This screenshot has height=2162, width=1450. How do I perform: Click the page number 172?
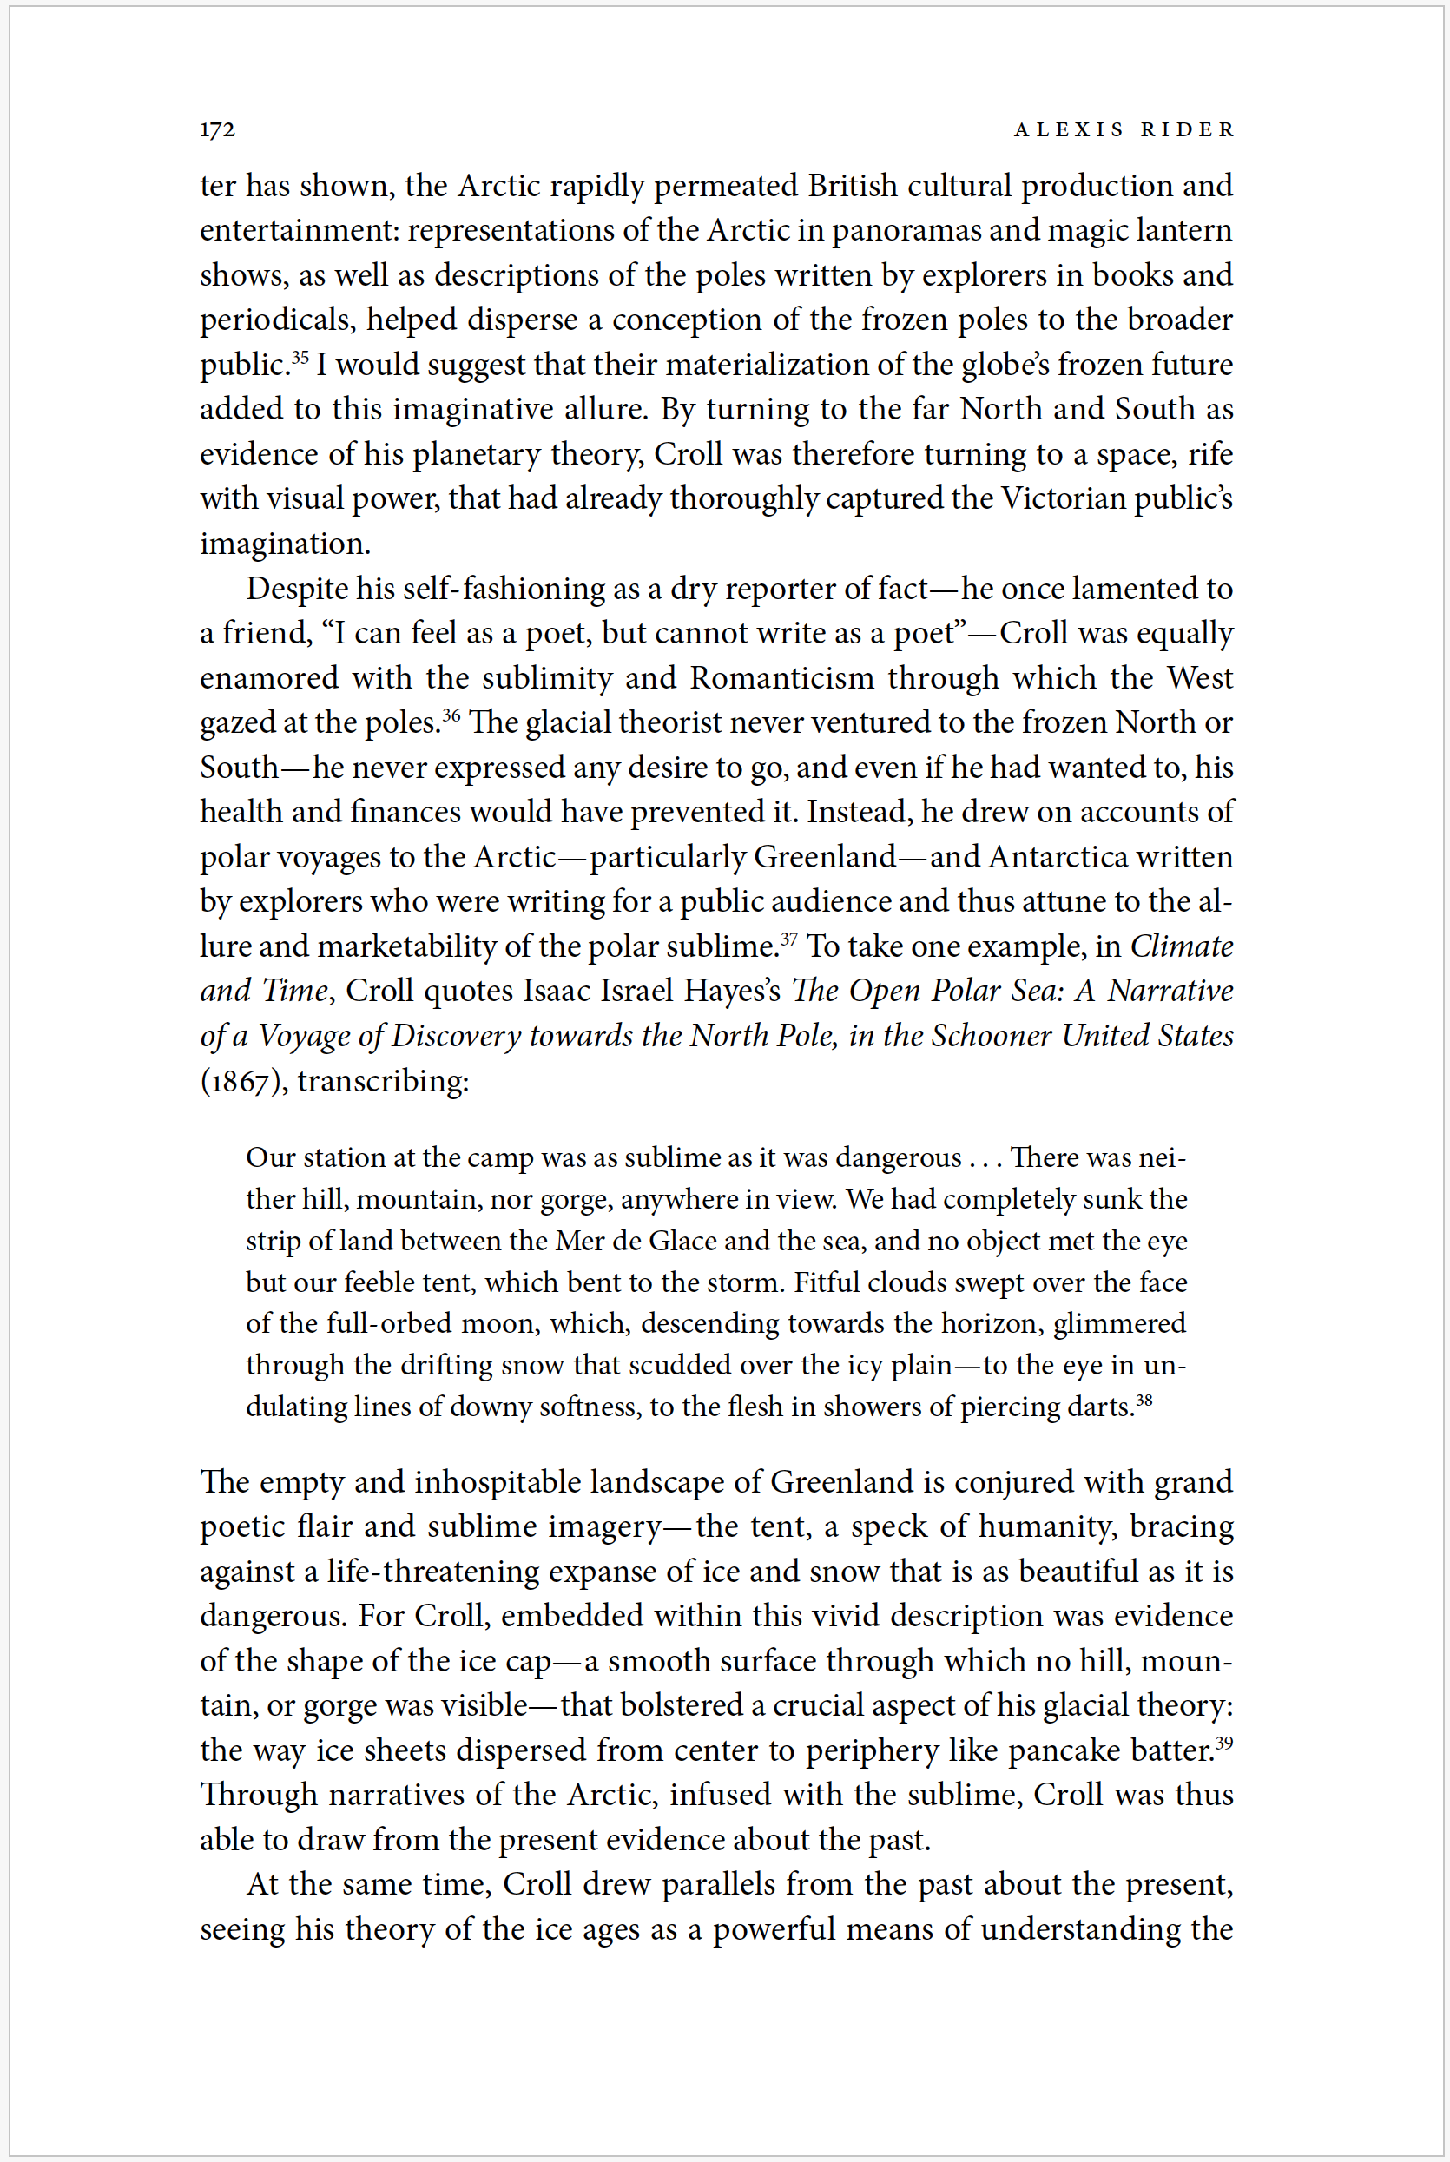217,129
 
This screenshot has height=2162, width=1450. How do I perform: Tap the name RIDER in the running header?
1188,129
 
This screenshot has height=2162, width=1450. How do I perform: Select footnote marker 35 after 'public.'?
300,356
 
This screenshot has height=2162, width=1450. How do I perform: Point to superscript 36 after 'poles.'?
451,714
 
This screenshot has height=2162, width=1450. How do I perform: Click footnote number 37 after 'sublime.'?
788,938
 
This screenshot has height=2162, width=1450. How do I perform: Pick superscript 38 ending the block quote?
1144,1399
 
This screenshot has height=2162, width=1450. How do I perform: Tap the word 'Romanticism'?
781,678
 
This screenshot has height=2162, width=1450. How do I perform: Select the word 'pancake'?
1064,1750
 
